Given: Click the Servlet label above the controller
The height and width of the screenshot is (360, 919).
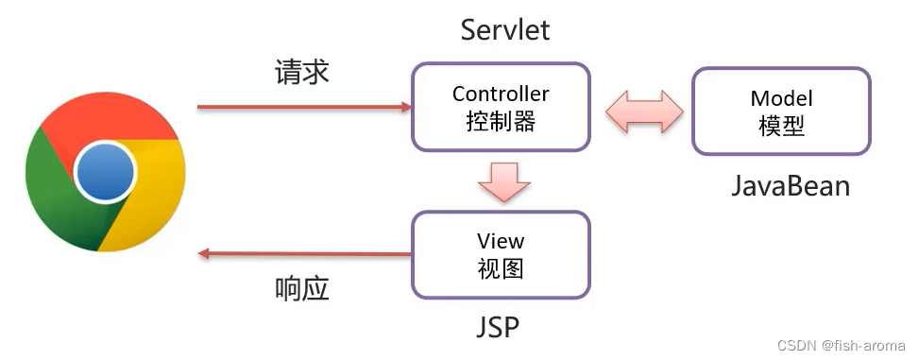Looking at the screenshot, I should click(504, 29).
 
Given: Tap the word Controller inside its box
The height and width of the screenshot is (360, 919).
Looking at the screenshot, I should click(501, 94).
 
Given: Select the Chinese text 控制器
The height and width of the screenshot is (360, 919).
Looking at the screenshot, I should click(501, 121).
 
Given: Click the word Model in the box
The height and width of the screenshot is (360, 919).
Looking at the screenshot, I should click(781, 98).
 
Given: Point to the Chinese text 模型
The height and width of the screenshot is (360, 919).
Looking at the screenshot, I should click(781, 125).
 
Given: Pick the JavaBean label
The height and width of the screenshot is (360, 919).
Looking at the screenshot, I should click(790, 185).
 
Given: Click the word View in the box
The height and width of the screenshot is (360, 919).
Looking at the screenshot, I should click(501, 241).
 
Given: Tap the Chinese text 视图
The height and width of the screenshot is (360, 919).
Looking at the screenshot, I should click(501, 267).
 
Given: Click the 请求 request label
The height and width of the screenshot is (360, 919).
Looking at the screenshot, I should click(302, 73).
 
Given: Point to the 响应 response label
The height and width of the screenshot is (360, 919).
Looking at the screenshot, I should click(302, 288).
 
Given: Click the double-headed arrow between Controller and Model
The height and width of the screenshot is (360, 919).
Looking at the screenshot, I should click(644, 111).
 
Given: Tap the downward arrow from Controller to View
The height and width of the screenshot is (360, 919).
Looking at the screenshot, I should click(502, 181).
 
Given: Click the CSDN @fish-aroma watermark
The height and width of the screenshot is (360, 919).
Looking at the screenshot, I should click(842, 346).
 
